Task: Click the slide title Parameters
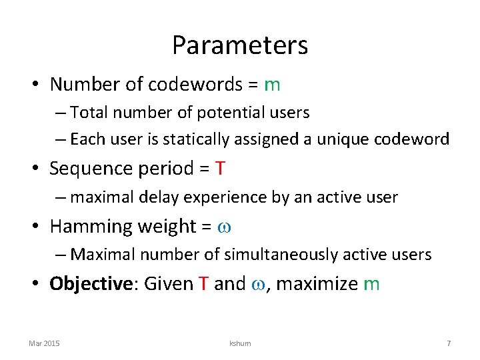[240, 45]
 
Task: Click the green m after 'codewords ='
[272, 85]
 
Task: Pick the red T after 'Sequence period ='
[220, 169]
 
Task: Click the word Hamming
[90, 227]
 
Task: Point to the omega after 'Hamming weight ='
[224, 227]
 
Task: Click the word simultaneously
[289, 255]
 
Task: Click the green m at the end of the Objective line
[371, 284]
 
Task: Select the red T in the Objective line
[203, 284]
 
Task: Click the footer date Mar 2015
[44, 343]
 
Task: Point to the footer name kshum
[240, 343]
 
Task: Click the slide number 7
[449, 343]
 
